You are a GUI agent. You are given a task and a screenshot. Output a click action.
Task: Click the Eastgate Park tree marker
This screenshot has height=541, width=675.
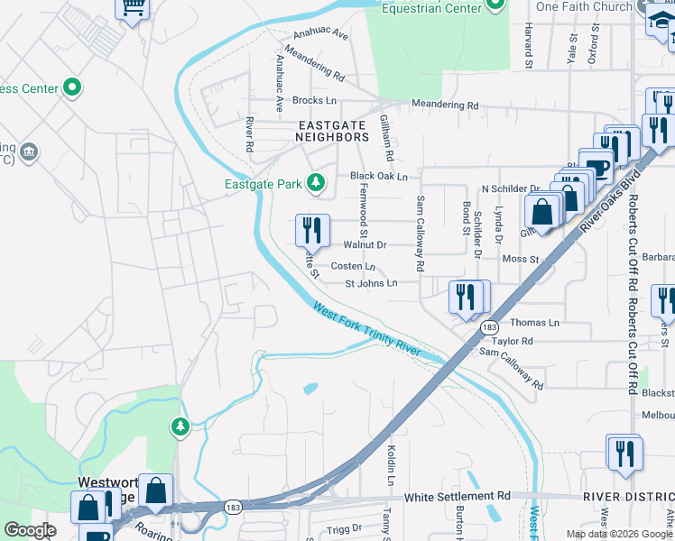pyautogui.click(x=315, y=184)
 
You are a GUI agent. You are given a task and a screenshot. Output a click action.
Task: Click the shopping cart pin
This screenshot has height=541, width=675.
pyautogui.click(x=132, y=9)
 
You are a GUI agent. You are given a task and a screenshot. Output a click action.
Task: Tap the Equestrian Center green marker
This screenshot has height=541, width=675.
pyautogui.click(x=495, y=6)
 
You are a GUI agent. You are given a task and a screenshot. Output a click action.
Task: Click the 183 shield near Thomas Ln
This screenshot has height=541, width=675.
pyautogui.click(x=488, y=327)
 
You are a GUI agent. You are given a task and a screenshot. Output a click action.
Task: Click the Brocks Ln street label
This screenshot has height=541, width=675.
pyautogui.click(x=314, y=101)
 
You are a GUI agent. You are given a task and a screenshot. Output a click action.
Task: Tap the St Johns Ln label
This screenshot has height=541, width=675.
pyautogui.click(x=371, y=283)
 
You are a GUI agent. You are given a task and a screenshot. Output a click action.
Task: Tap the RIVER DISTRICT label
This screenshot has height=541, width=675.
pyautogui.click(x=628, y=497)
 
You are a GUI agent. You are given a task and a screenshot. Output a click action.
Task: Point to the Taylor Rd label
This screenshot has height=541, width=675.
pyautogui.click(x=513, y=342)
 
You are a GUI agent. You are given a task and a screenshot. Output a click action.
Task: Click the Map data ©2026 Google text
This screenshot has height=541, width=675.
pyautogui.click(x=618, y=534)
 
